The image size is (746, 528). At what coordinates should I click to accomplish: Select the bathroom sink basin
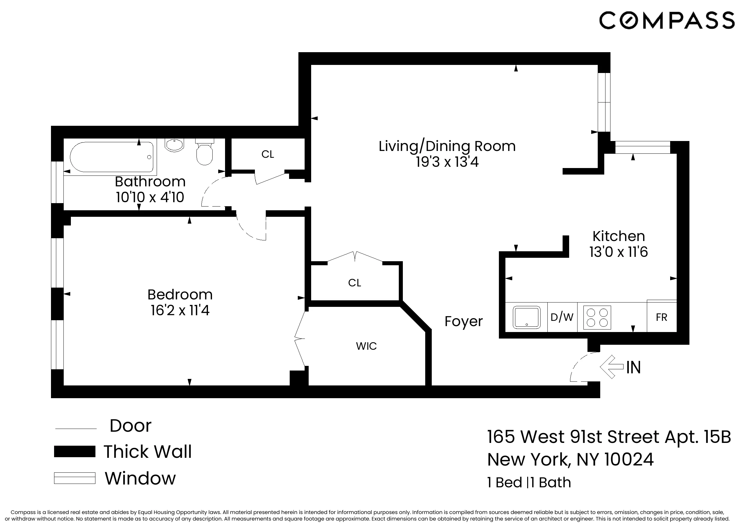tap(174, 145)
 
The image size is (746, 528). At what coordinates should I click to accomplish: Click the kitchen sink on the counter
tap(527, 317)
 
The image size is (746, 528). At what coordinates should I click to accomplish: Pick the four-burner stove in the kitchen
tap(597, 317)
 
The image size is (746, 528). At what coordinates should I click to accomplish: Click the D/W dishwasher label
tap(562, 317)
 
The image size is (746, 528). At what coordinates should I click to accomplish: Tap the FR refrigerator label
tap(661, 317)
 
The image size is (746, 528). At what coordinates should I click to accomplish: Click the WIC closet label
tap(366, 346)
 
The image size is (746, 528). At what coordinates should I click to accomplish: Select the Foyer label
tap(463, 321)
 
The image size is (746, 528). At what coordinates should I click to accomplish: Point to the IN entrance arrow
tap(612, 367)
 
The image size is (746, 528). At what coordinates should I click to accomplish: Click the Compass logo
tap(667, 20)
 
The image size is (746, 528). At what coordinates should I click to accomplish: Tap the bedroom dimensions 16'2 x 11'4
tap(180, 310)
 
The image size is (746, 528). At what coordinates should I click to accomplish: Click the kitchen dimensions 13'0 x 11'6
tap(619, 252)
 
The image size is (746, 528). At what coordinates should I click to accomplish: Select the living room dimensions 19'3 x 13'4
tap(447, 162)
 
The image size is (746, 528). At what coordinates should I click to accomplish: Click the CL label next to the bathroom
tap(268, 154)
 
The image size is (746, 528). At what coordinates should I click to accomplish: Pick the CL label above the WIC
tap(355, 283)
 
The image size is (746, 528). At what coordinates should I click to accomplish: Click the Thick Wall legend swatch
tap(75, 451)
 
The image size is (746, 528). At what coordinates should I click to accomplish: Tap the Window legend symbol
tap(75, 478)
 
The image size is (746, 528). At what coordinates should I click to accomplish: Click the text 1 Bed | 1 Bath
tap(529, 482)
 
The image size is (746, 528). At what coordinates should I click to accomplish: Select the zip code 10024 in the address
tap(629, 459)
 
